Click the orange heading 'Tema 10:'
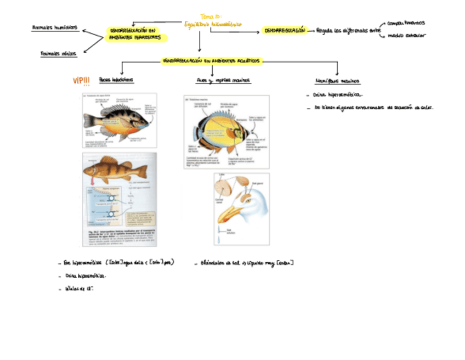point(211,16)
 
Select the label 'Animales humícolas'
point(55,27)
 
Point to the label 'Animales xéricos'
point(59,53)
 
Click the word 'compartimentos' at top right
point(406,23)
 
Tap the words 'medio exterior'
point(406,36)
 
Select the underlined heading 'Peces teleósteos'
point(116,80)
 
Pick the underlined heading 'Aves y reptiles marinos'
point(223,81)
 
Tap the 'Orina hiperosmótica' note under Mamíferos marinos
point(336,95)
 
